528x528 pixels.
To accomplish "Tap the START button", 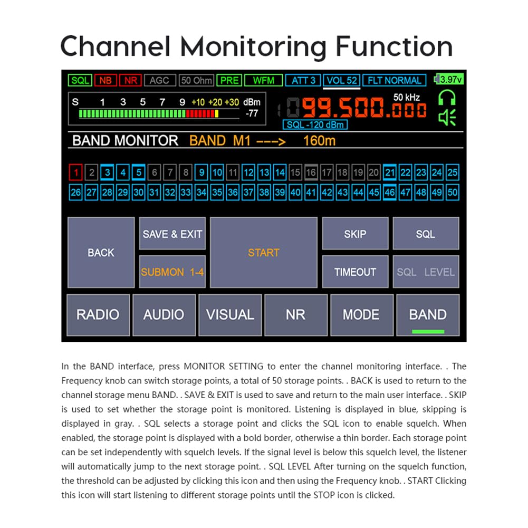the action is tap(264, 252).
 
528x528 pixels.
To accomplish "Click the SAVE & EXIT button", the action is tap(172, 233).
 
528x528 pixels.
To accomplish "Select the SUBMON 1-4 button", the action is tap(172, 272).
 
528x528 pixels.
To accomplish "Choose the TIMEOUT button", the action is tap(356, 272).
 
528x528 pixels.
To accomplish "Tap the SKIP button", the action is tap(356, 233).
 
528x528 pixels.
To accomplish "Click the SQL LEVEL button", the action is tap(426, 272).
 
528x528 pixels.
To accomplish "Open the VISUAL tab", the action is tap(230, 315).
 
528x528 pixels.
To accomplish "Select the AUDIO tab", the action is tap(164, 315).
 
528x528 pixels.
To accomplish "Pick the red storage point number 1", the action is tap(76, 172).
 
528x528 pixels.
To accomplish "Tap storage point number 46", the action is tap(390, 193).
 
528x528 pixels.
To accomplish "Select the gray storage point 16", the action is tap(311, 172).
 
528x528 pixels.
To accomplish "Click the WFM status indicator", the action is tap(263, 80).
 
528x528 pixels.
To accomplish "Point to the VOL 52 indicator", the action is tap(342, 81).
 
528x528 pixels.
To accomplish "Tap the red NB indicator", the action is tap(105, 80).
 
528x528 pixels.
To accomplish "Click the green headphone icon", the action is tap(447, 98).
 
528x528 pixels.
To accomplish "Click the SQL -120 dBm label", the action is tap(315, 124).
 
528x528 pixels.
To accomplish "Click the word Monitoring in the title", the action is tap(253, 47).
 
